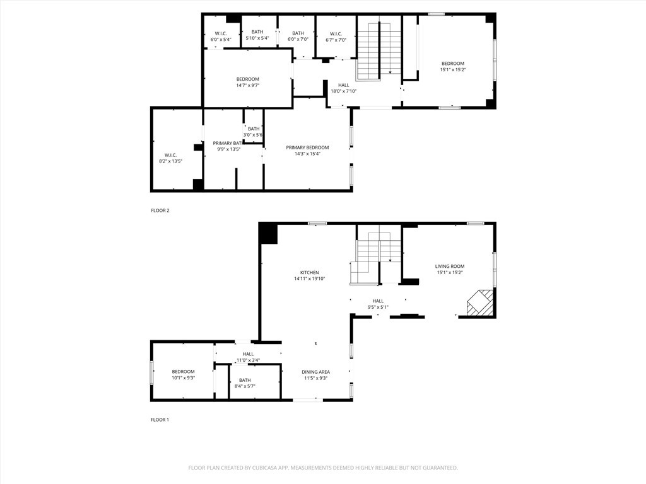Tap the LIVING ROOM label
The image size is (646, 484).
tap(450, 267)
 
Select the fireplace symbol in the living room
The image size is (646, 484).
tap(479, 303)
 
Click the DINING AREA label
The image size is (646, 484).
tap(315, 372)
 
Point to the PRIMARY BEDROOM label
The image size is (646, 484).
tap(307, 148)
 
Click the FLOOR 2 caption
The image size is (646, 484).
tap(160, 210)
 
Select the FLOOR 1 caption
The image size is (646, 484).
tap(160, 420)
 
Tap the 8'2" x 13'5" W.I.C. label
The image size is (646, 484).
tap(170, 158)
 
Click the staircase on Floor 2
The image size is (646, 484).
tap(379, 50)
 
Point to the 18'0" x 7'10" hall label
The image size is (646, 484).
tap(343, 88)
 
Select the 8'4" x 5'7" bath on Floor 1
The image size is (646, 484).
tap(245, 383)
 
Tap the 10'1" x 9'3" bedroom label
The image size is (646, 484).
tap(183, 375)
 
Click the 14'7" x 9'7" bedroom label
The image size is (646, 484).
tap(247, 83)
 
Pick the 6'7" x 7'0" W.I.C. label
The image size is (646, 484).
tap(335, 37)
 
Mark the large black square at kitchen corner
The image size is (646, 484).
tap(268, 234)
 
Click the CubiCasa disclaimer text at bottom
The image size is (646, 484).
tap(323, 468)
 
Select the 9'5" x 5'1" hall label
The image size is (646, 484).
tap(378, 304)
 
